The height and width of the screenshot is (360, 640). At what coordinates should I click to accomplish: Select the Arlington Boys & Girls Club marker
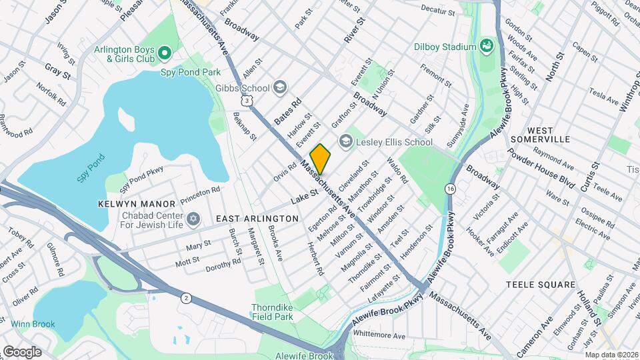pyautogui.click(x=165, y=53)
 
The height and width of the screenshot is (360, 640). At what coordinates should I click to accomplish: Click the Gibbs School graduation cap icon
pyautogui.click(x=279, y=88)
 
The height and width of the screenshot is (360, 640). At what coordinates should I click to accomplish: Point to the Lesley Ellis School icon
pyautogui.click(x=345, y=141)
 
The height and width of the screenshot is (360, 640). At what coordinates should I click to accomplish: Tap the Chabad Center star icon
pyautogui.click(x=194, y=219)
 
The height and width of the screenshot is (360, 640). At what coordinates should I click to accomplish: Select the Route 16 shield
pyautogui.click(x=451, y=189)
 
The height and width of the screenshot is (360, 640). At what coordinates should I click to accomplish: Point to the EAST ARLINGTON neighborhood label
pyautogui.click(x=257, y=219)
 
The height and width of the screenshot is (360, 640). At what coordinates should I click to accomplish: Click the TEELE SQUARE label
pyautogui.click(x=540, y=285)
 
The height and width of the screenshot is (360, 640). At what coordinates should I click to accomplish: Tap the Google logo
pyautogui.click(x=22, y=351)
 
